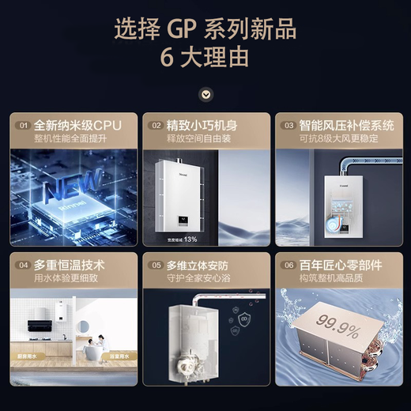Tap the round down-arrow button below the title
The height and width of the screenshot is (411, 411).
point(205,94)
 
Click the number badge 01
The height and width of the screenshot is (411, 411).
point(24,126)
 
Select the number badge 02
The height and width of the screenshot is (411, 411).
point(156,126)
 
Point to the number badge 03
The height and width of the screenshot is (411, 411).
point(289,126)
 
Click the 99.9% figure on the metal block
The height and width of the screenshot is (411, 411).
point(337,322)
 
